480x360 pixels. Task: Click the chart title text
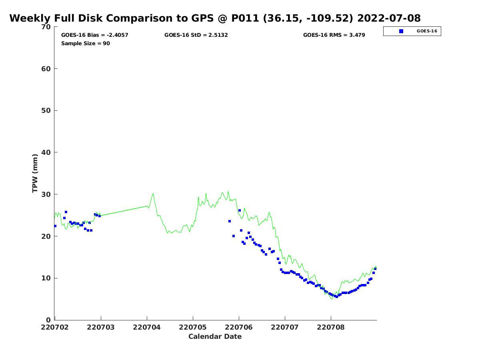[215, 18]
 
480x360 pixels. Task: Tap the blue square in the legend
[401, 31]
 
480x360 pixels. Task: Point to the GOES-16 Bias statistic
[95, 35]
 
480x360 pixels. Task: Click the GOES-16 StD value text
[196, 35]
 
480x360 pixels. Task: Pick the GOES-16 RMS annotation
[334, 35]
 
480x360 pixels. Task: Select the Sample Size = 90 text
[86, 43]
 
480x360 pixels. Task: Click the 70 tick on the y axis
[46, 27]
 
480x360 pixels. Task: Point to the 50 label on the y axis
[46, 111]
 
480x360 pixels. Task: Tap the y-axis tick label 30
[46, 194]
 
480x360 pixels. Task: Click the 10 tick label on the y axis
[46, 278]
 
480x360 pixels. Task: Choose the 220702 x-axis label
[55, 327]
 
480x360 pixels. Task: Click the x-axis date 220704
[147, 327]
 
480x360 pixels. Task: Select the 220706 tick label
[238, 327]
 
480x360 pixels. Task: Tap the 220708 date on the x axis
[331, 327]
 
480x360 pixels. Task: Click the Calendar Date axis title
[215, 336]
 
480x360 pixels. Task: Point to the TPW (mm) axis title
[35, 173]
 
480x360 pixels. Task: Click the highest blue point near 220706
[240, 210]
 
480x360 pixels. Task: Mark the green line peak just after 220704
[153, 194]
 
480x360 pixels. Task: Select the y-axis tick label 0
[48, 320]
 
